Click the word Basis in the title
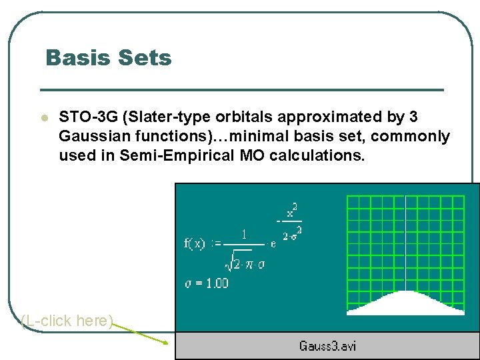[x=75, y=58]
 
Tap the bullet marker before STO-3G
[x=43, y=118]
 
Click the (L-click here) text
[x=67, y=321]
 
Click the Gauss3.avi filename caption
[x=327, y=345]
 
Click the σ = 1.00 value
[x=206, y=283]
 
